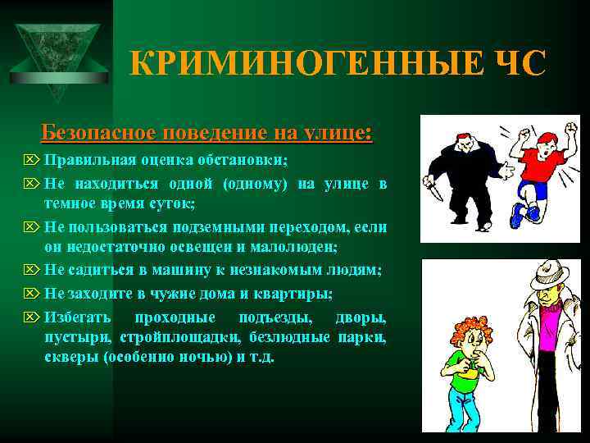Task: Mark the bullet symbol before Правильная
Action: pos(32,160)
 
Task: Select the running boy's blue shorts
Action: pos(532,191)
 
